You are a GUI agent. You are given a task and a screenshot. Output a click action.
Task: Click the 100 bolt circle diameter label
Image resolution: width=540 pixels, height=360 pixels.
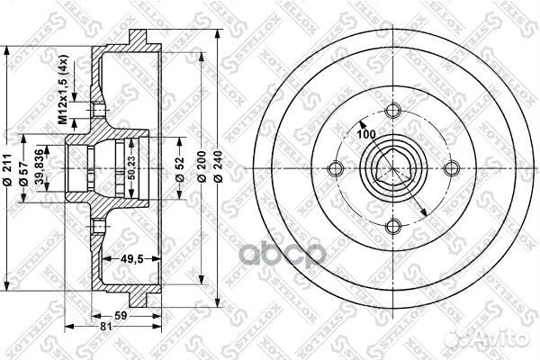click(365, 134)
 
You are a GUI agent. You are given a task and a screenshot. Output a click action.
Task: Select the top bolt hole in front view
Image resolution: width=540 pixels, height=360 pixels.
click(392, 111)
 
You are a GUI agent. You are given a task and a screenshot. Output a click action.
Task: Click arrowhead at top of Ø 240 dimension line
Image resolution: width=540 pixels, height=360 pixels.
click(218, 34)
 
